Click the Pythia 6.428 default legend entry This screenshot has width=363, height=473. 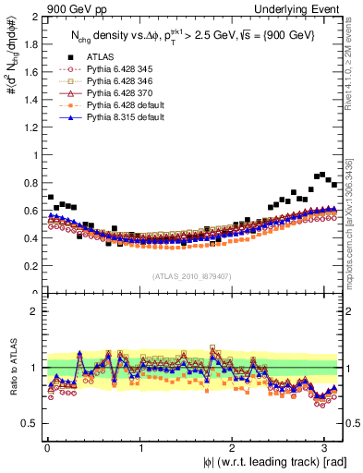[x=120, y=106]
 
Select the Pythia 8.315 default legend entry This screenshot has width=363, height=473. [x=120, y=118]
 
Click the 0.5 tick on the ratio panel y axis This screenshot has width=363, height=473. [x=30, y=423]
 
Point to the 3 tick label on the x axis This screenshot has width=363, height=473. [x=324, y=447]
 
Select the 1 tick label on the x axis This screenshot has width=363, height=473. [x=140, y=447]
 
